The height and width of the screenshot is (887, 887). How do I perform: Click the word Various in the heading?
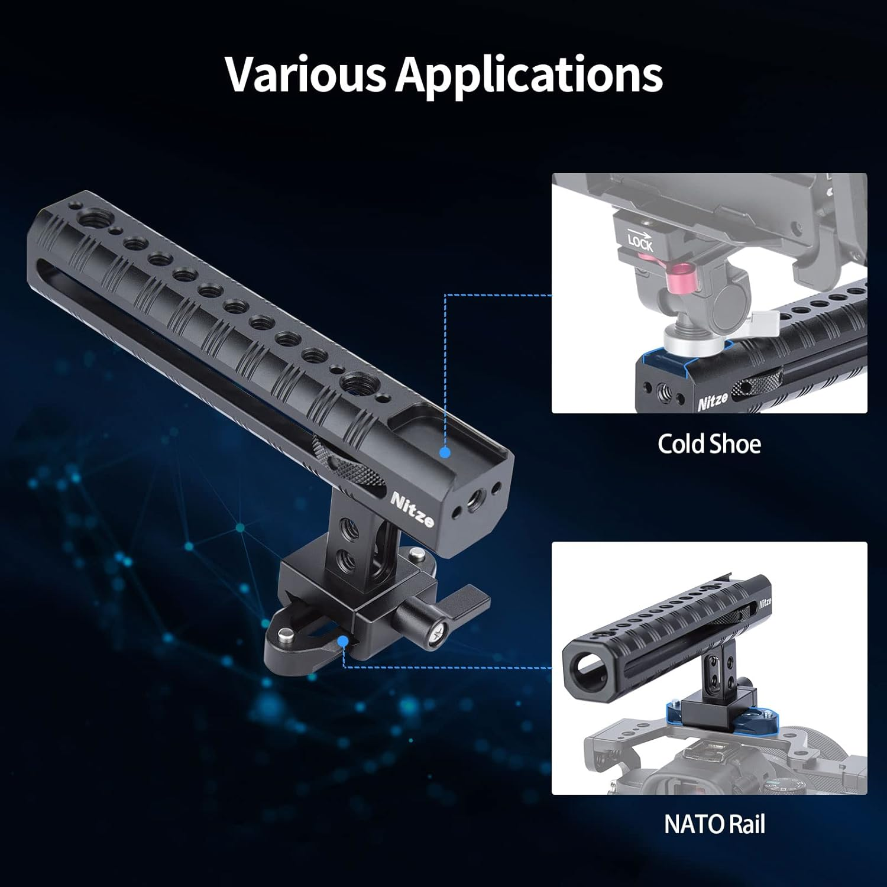[x=305, y=74]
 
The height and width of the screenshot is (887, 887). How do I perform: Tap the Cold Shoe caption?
[x=709, y=444]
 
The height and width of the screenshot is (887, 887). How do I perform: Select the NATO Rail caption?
[x=714, y=824]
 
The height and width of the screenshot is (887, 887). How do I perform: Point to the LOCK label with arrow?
[x=640, y=240]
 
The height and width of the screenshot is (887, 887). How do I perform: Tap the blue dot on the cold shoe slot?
[x=445, y=452]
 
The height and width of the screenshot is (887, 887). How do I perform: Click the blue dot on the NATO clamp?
[x=342, y=641]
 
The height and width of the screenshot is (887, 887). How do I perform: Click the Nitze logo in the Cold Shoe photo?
[x=713, y=402]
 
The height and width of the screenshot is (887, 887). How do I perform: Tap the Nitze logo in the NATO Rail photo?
[x=765, y=603]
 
